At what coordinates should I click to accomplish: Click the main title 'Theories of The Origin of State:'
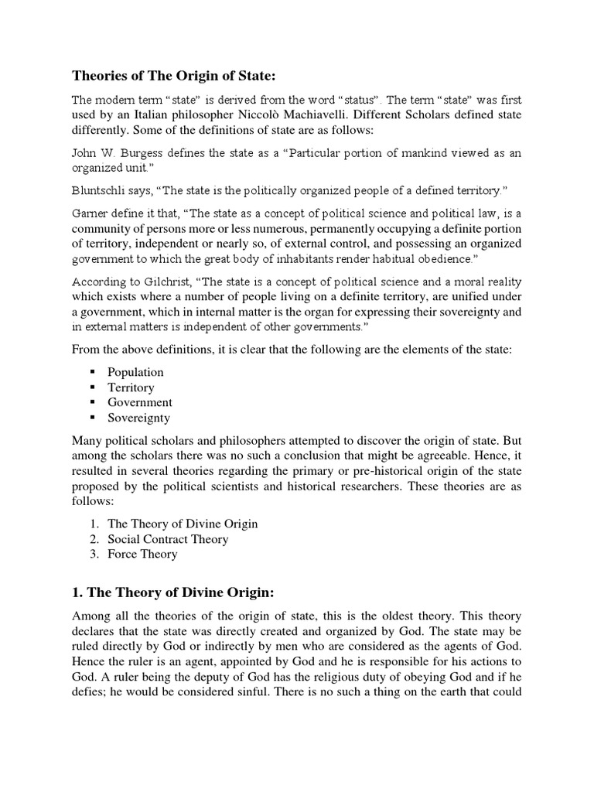click(x=169, y=76)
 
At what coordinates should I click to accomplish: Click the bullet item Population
click(x=135, y=372)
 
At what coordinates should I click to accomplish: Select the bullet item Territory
click(x=131, y=387)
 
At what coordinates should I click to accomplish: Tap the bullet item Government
click(x=140, y=402)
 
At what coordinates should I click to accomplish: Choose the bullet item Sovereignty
click(x=139, y=418)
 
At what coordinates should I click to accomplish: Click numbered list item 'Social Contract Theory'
click(x=168, y=539)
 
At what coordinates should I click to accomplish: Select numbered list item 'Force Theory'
click(x=142, y=554)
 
